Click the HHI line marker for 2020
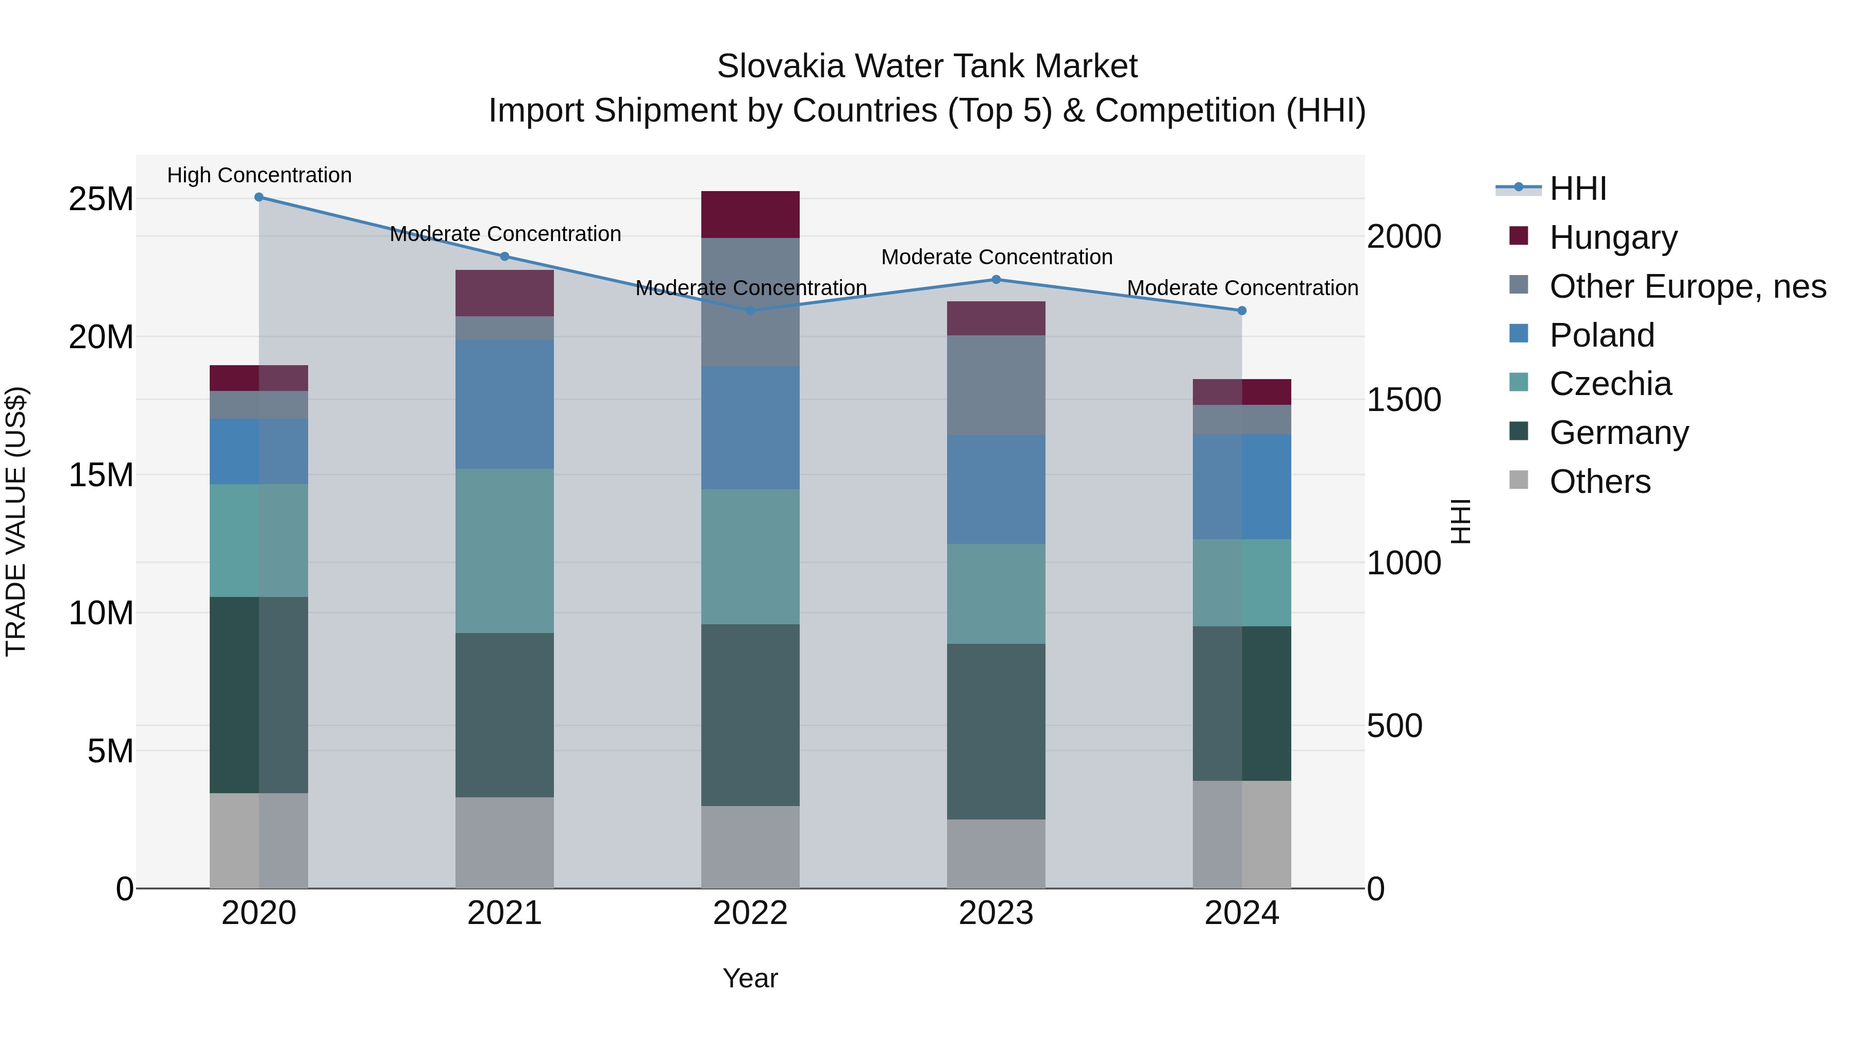[x=259, y=197]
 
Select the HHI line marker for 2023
[x=996, y=279]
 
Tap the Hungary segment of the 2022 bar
[x=750, y=214]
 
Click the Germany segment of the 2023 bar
[x=996, y=731]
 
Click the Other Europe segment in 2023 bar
[x=996, y=385]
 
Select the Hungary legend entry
[x=1612, y=237]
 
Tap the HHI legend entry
[x=1577, y=189]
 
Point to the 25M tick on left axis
[x=101, y=199]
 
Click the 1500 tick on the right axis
[x=1404, y=400]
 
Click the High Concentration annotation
[x=259, y=175]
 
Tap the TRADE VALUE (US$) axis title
[x=16, y=521]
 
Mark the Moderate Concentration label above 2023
[x=997, y=257]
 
